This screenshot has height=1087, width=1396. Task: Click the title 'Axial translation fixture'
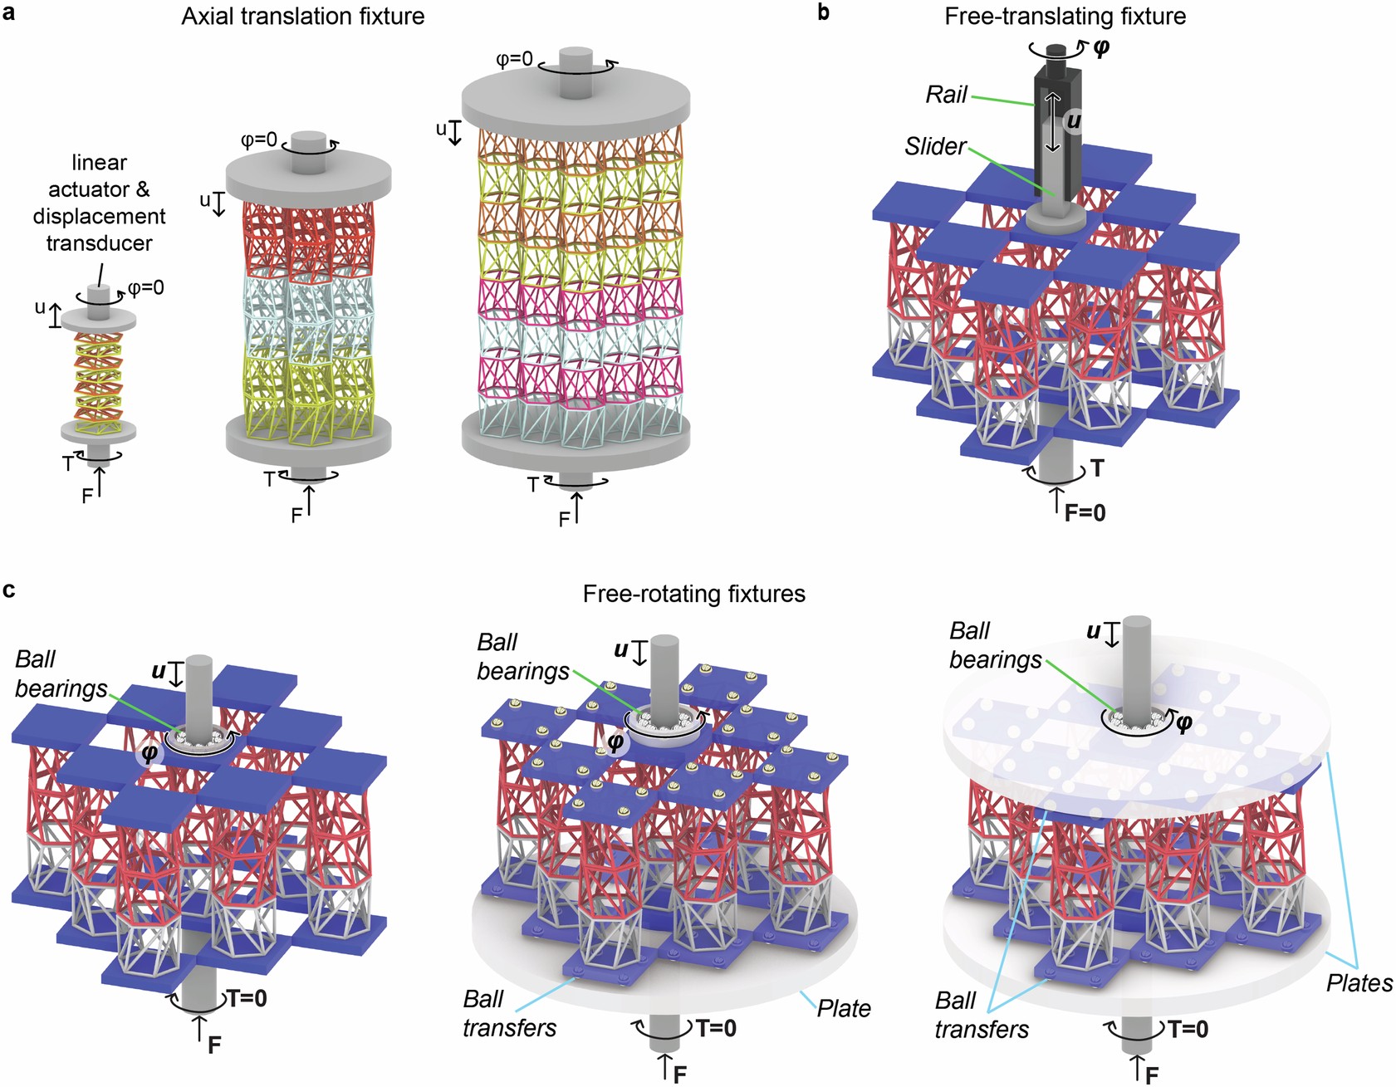[303, 16]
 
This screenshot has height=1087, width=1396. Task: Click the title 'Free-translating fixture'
[1065, 16]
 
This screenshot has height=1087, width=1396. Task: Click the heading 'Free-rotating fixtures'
[693, 594]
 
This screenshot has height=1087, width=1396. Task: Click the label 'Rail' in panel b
[946, 95]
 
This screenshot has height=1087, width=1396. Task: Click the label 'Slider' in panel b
[935, 147]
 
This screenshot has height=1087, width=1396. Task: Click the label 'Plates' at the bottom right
[1359, 983]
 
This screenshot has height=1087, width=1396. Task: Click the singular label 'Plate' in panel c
[844, 1008]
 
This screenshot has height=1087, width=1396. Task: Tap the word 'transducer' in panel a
[99, 243]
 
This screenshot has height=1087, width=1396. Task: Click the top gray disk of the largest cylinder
[576, 98]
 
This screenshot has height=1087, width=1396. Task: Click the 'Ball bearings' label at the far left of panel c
[61, 673]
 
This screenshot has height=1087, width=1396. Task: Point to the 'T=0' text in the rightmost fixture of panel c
[1188, 1030]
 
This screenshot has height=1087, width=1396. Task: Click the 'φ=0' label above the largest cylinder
[514, 60]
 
